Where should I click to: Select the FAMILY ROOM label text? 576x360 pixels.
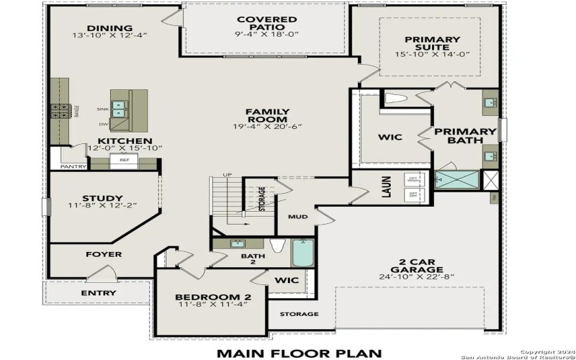point(267,115)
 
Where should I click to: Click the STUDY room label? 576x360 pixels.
point(102,199)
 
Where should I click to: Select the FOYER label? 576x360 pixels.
point(104,254)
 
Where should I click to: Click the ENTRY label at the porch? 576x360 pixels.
point(98,293)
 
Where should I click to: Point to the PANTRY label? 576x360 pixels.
point(73,166)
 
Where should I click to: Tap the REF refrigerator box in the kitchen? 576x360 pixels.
point(124,160)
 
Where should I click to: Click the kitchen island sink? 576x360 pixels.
point(120,108)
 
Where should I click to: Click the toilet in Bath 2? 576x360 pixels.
point(278,246)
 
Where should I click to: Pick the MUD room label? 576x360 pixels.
point(298,215)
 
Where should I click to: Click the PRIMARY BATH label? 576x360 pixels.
point(464,137)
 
